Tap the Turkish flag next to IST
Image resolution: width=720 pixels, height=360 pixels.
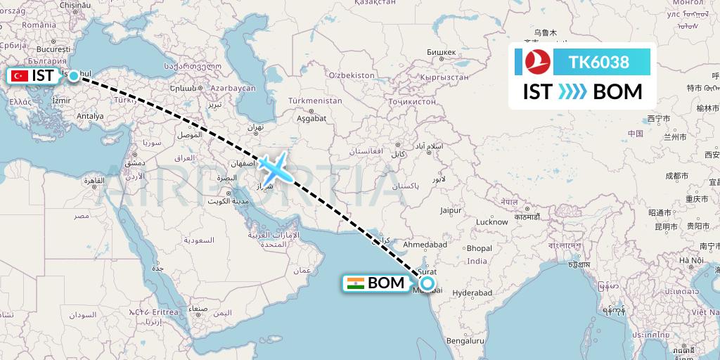click(x=20, y=76)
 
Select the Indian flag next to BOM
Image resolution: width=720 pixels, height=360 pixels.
click(x=355, y=283)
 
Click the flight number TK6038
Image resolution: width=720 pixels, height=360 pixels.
click(x=599, y=63)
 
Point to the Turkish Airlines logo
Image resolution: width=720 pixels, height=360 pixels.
click(x=536, y=63)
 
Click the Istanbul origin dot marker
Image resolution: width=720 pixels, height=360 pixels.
click(x=74, y=75)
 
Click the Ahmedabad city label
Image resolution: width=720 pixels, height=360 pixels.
click(x=425, y=244)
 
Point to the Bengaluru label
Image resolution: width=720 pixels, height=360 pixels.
click(x=464, y=340)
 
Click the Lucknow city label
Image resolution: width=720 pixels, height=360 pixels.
click(x=491, y=221)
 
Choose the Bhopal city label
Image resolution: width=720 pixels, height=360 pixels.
click(x=479, y=248)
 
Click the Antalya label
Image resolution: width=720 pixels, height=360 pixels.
click(x=89, y=116)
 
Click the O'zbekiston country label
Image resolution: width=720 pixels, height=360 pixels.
click(x=352, y=75)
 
